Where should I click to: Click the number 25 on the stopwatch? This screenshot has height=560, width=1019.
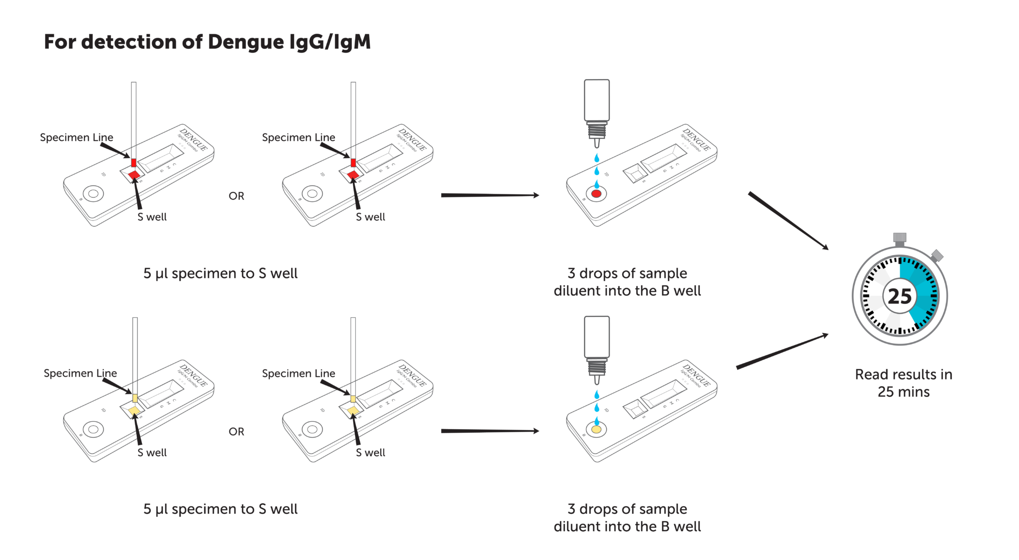click(900, 296)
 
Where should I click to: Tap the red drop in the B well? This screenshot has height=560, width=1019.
click(596, 194)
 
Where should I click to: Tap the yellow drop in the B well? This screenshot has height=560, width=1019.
click(596, 429)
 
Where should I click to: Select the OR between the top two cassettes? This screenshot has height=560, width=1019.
click(236, 196)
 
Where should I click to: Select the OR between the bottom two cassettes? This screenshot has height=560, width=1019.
click(236, 432)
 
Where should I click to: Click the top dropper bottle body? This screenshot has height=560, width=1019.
click(597, 99)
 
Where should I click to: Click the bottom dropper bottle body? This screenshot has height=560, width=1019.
click(597, 336)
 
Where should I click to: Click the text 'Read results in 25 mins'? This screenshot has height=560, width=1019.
click(904, 383)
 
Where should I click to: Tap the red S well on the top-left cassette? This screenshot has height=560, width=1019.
click(134, 175)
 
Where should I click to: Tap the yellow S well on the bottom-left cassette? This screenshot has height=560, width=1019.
click(134, 411)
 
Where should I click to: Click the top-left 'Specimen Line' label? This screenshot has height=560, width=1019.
click(77, 137)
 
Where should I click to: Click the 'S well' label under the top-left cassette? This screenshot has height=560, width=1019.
click(152, 217)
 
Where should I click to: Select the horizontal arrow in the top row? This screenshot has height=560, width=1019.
click(490, 195)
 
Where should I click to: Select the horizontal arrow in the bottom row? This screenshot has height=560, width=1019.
click(490, 431)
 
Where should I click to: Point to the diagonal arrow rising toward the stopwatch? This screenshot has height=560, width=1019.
click(782, 351)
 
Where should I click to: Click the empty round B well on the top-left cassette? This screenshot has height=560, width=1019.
click(93, 193)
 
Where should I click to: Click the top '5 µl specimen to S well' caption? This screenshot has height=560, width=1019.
click(220, 274)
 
